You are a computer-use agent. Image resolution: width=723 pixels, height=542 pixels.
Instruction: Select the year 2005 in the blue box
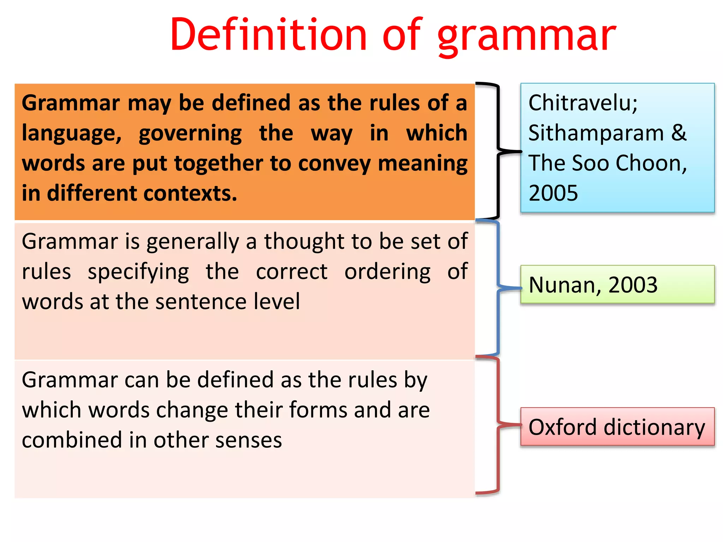pyautogui.click(x=553, y=193)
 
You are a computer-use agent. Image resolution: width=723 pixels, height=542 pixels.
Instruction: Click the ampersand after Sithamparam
pyautogui.click(x=679, y=133)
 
